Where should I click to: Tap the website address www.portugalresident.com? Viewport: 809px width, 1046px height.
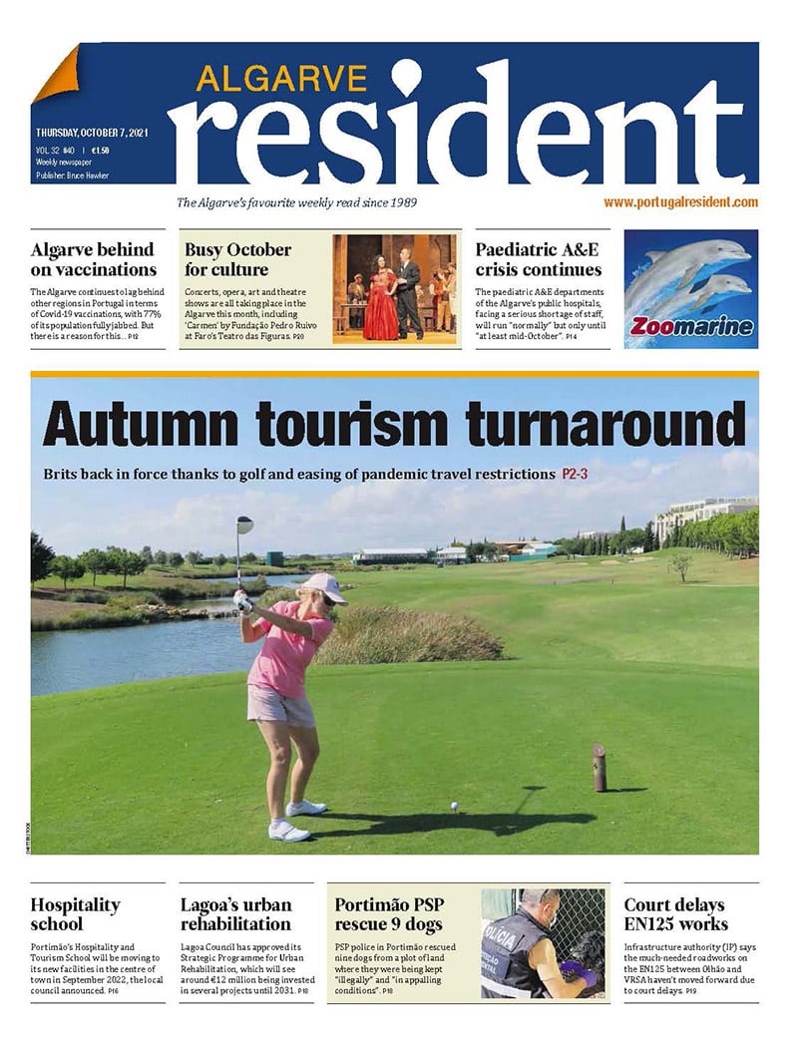click(680, 202)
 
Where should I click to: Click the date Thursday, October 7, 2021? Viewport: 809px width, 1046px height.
click(92, 133)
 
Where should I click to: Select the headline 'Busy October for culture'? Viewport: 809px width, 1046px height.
click(237, 259)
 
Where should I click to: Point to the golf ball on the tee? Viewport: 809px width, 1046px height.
click(455, 805)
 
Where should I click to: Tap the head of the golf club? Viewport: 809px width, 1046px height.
click(244, 523)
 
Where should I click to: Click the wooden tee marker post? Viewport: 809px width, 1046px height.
click(600, 767)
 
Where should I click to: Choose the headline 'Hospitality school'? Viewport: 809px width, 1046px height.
click(75, 914)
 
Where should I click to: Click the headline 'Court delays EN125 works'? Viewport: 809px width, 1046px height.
click(674, 914)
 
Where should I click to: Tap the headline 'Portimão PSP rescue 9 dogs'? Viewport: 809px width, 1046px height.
click(388, 914)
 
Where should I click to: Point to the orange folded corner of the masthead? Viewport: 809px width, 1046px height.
click(56, 74)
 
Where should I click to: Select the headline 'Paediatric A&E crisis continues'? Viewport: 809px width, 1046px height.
click(538, 259)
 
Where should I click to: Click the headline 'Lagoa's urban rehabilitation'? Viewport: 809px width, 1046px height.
click(236, 914)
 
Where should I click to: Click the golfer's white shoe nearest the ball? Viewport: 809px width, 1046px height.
click(304, 808)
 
